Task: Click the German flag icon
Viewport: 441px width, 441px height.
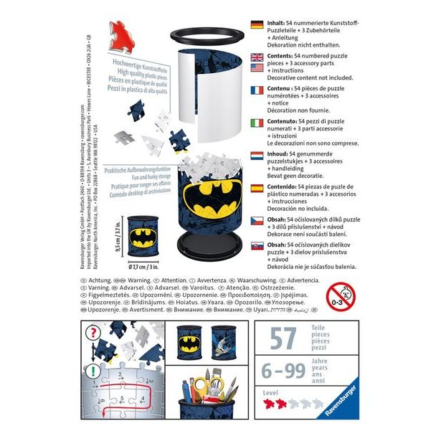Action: pyautogui.click(x=256, y=24)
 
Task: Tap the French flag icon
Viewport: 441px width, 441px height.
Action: pyautogui.click(x=256, y=91)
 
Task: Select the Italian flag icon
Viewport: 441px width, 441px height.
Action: pyautogui.click(x=256, y=123)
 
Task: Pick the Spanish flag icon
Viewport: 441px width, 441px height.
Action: pyautogui.click(x=256, y=188)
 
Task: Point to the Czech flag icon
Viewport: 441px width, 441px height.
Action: pyautogui.click(x=256, y=219)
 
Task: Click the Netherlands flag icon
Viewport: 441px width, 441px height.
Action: pyautogui.click(x=256, y=155)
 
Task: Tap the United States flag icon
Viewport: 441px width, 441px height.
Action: pyautogui.click(x=256, y=67)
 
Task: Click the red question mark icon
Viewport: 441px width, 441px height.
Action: pyautogui.click(x=93, y=333)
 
